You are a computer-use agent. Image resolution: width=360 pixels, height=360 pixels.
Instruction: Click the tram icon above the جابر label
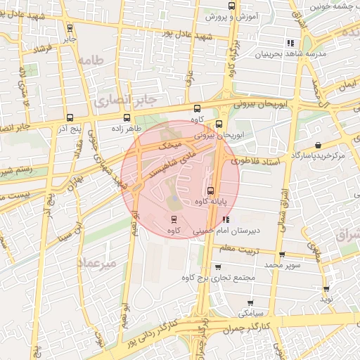point(69,29)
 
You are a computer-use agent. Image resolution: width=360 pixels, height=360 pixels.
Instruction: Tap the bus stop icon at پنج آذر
point(68,118)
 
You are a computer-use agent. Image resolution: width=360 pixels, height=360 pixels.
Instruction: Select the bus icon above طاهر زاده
point(127,118)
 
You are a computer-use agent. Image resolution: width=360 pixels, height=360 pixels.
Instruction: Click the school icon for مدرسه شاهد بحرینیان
point(291,43)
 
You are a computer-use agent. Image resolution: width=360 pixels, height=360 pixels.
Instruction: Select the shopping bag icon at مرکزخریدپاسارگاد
point(319,145)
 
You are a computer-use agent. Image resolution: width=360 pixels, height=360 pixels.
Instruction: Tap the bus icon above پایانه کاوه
point(210,191)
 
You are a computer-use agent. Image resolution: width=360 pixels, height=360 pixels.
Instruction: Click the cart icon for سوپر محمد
point(282,255)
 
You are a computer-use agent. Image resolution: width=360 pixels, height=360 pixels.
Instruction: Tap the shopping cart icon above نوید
point(326,289)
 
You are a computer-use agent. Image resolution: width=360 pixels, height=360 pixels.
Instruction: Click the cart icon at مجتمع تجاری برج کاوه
point(217,267)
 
